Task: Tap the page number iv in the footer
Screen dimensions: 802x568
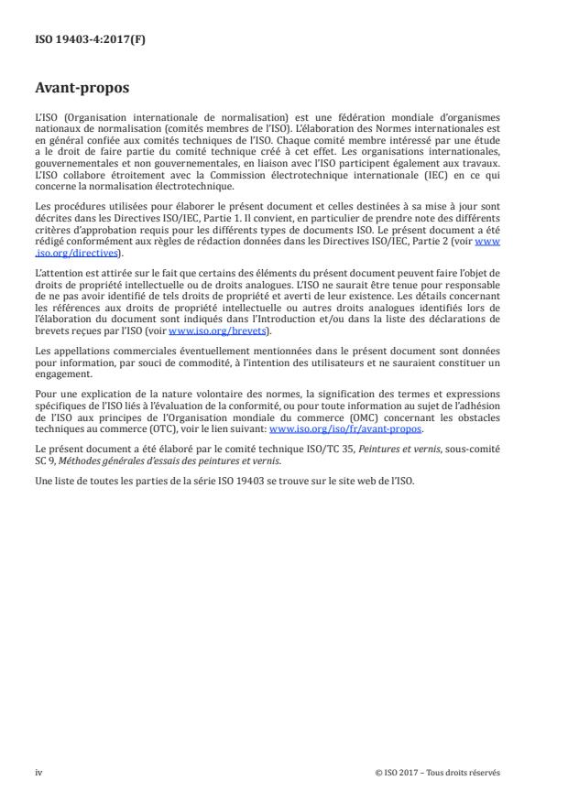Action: click(38, 772)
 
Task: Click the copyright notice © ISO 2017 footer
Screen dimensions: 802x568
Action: click(438, 772)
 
